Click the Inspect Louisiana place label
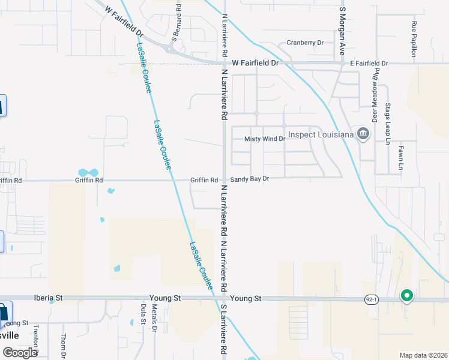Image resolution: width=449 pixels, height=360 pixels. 320,134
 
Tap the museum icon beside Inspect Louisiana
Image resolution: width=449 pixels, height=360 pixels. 363,134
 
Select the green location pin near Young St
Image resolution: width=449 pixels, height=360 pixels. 406,295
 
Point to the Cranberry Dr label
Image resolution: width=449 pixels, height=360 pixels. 305,43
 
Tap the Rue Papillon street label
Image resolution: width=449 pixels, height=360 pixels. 414,39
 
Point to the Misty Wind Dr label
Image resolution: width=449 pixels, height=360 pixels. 264,139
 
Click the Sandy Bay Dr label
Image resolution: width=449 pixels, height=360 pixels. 250,179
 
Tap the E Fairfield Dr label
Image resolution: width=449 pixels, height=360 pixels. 369,63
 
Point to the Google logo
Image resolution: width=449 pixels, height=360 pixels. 20,352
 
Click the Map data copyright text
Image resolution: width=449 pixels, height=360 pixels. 423,355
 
